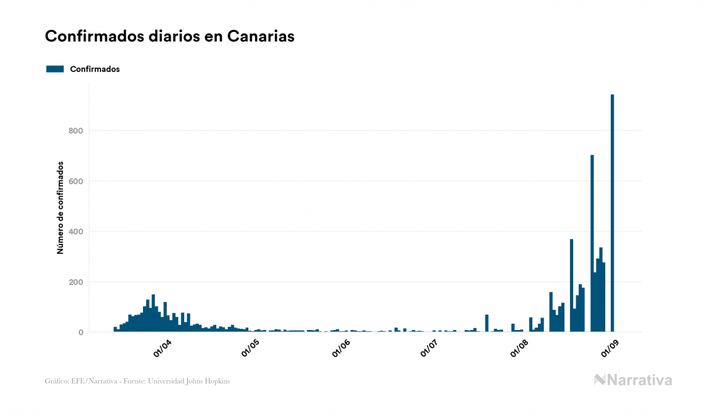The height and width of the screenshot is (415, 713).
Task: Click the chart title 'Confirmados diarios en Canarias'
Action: (169, 36)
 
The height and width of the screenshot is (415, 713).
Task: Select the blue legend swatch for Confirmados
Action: (55, 69)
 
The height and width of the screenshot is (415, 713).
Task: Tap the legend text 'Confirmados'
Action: (95, 69)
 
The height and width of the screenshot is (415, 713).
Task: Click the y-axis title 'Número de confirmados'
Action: (60, 208)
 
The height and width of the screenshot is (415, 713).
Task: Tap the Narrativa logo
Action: (633, 380)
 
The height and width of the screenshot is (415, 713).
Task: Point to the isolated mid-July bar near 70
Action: (487, 323)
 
